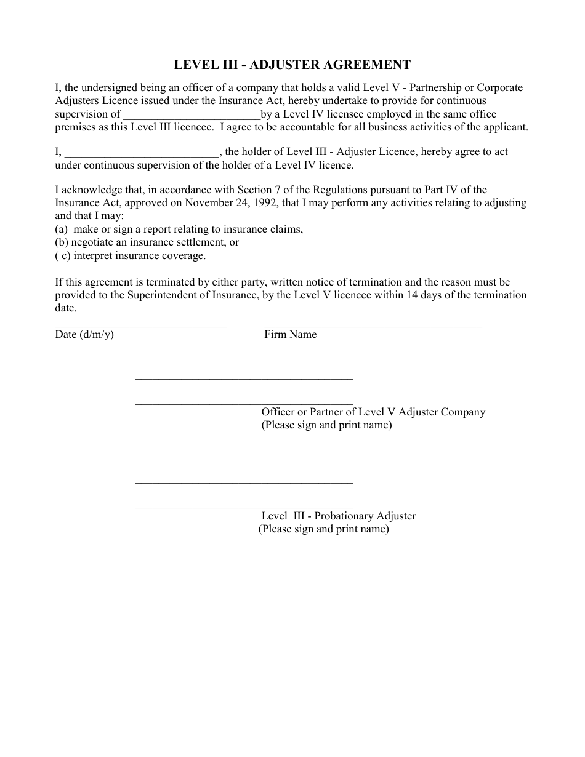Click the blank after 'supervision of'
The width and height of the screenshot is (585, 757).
[x=192, y=115]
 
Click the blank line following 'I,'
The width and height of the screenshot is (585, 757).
[x=142, y=153]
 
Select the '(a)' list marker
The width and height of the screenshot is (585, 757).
[x=61, y=230]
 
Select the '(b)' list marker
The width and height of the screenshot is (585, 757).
[x=62, y=242]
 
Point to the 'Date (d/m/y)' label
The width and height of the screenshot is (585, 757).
[x=84, y=335]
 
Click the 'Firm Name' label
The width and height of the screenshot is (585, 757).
[x=290, y=335]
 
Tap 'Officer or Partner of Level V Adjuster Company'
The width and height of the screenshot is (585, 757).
[x=373, y=412]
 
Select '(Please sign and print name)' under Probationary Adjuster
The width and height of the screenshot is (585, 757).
[x=323, y=529]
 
